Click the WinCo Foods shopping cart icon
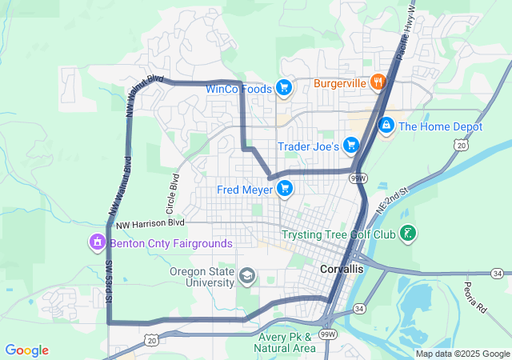(282, 88)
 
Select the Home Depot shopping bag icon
(386, 126)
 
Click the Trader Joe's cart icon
(350, 146)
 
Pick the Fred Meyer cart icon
(284, 189)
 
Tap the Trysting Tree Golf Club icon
(409, 234)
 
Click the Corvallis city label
(342, 270)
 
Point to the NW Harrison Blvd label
(150, 222)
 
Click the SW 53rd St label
(107, 282)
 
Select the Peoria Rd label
(475, 296)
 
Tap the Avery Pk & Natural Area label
(286, 342)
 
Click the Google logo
(26, 350)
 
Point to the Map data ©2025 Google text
(462, 354)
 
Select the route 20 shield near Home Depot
(459, 145)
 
